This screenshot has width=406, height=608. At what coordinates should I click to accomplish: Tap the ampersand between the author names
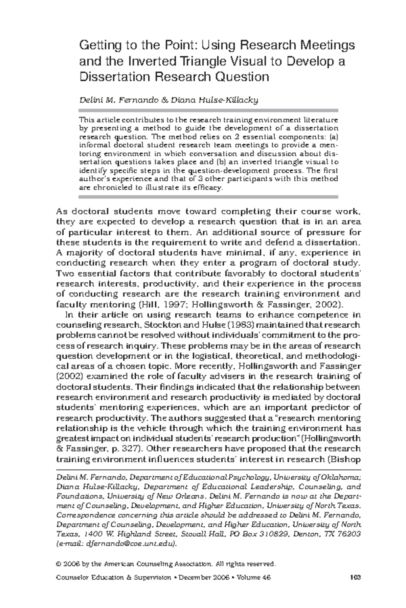tap(164, 100)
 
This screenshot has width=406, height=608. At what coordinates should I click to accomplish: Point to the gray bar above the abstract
tap(208, 110)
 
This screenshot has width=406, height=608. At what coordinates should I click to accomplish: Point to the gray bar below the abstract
tap(208, 197)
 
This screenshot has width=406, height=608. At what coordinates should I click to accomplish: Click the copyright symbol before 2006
tap(59, 564)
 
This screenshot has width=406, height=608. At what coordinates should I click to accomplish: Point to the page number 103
tap(356, 578)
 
